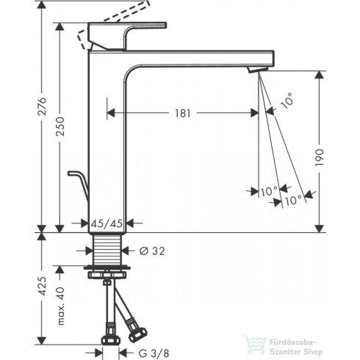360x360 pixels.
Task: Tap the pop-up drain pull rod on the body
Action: [x=78, y=179]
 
